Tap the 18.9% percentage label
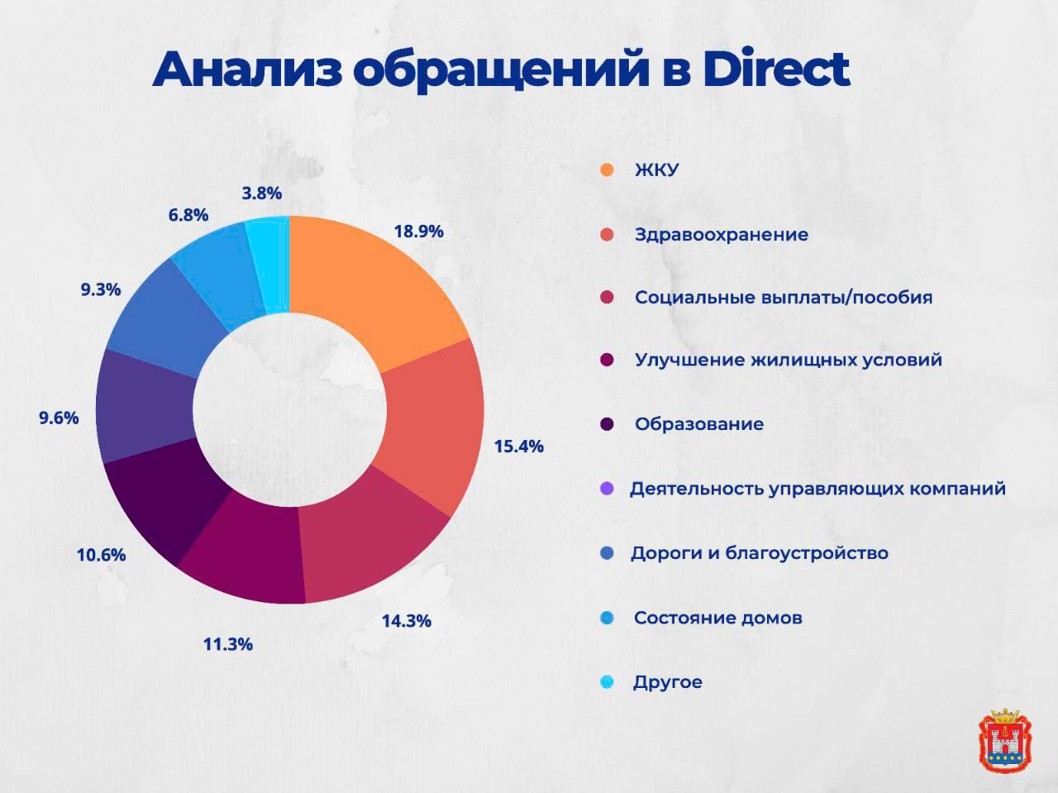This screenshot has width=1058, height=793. tap(418, 232)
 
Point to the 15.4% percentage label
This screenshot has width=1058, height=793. tap(518, 447)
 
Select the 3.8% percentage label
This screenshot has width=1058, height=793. tap(262, 193)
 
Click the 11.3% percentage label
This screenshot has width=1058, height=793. tap(228, 644)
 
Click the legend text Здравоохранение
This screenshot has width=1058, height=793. tap(721, 235)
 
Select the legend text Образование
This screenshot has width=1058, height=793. tap(698, 424)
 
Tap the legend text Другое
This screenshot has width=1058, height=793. tap(667, 683)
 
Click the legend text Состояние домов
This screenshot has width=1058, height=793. tap(717, 619)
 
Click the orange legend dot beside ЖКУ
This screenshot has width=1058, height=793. tap(608, 170)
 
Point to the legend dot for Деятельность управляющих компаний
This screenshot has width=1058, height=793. tap(608, 489)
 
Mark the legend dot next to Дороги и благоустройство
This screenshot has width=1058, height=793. tap(608, 553)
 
